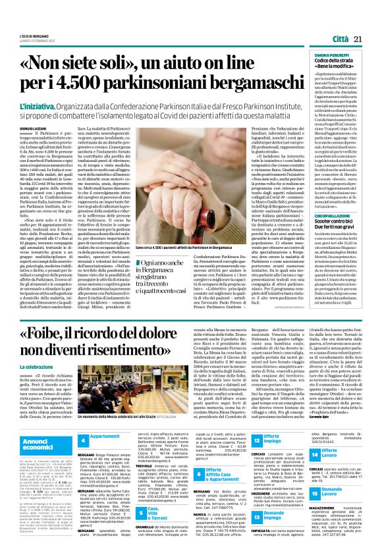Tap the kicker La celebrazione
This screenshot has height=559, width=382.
32,367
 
